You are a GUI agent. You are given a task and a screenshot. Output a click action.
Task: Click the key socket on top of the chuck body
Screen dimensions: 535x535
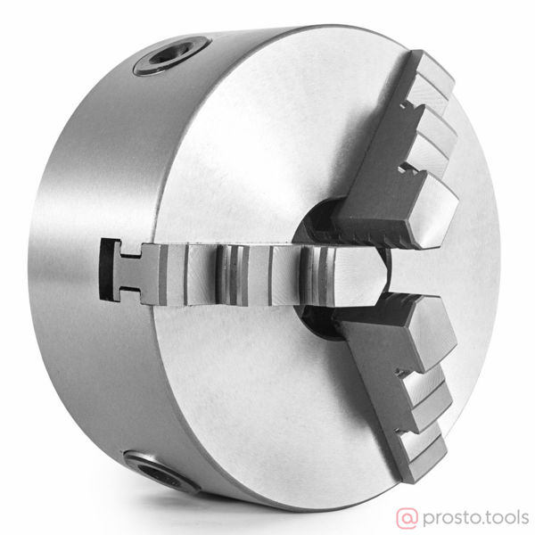click(x=172, y=55)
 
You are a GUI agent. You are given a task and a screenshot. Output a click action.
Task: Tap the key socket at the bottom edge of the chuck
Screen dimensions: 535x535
click(x=160, y=472)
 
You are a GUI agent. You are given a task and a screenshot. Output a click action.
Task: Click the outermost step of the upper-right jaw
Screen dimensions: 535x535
click(x=433, y=82)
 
